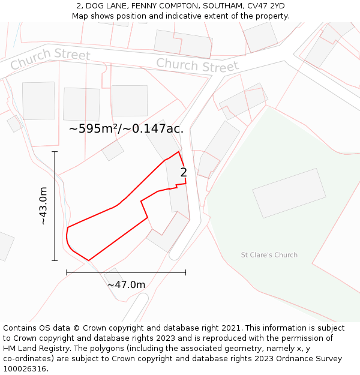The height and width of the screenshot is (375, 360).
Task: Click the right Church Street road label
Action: tap(197, 64)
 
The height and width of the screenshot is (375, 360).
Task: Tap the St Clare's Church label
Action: tap(269, 255)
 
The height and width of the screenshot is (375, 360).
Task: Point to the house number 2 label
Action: tap(184, 173)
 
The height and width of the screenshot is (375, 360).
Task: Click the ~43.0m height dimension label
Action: tap(43, 206)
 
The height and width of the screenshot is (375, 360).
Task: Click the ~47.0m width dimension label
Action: tap(126, 284)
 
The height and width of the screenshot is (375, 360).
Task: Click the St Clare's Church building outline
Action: tap(289, 193)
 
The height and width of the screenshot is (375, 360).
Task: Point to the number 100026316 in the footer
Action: tap(25, 369)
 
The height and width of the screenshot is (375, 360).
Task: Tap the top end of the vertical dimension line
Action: tap(55, 152)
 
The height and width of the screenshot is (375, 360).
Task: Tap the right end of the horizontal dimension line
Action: tap(185, 272)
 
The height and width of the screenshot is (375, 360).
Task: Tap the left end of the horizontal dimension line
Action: tap(67, 272)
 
